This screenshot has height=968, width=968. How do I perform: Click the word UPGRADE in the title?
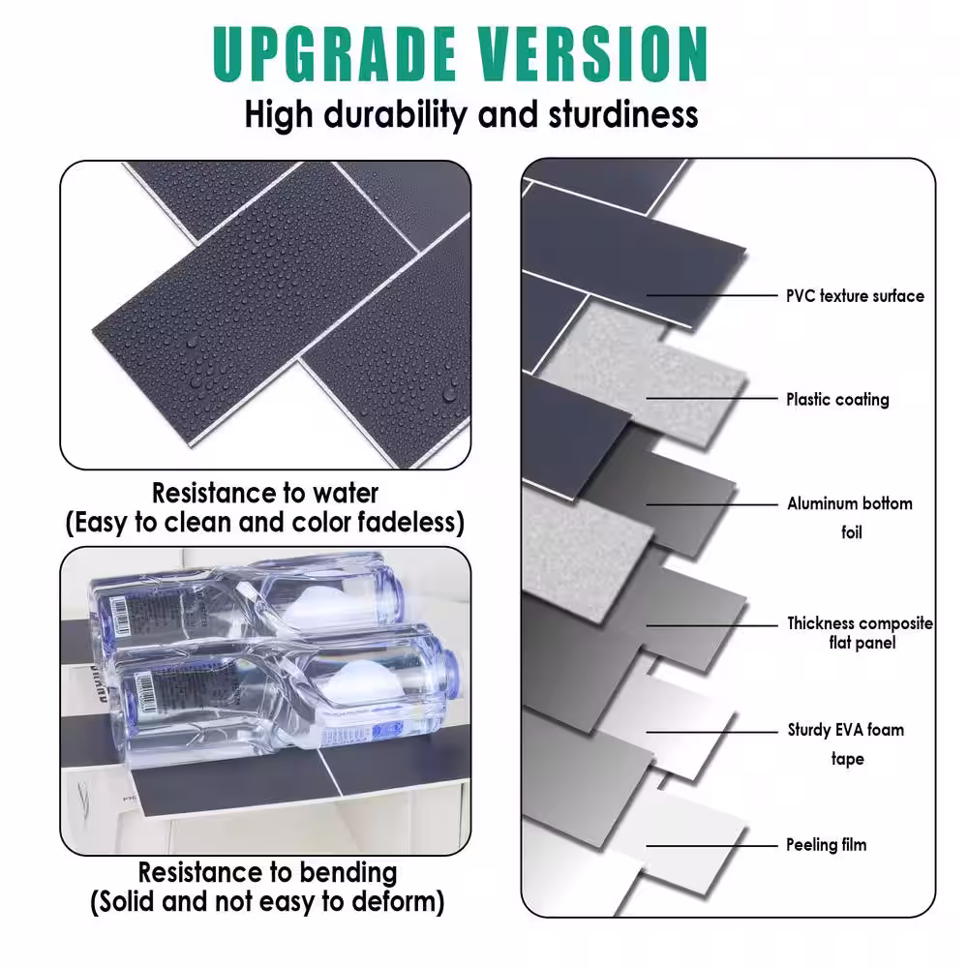[332, 55]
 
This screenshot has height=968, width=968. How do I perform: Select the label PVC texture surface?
[855, 296]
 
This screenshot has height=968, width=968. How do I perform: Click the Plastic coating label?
[837, 399]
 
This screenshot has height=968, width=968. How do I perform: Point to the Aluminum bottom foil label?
[850, 517]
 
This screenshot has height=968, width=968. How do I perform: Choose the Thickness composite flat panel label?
[860, 633]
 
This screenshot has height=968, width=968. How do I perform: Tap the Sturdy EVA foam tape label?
[846, 743]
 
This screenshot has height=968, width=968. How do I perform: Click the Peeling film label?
[826, 845]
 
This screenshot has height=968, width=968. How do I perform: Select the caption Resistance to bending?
[267, 872]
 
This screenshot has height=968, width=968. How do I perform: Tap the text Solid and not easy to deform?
[267, 903]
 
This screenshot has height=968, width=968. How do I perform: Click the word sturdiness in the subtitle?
[623, 114]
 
